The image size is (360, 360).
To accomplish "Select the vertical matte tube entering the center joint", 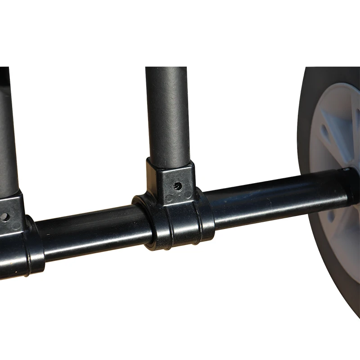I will coord(166,112).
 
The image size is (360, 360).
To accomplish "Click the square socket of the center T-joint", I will coord(171,180).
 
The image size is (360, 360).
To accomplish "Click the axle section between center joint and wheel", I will coord(270,198).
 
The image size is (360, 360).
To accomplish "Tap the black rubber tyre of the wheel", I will coord(310,112).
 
